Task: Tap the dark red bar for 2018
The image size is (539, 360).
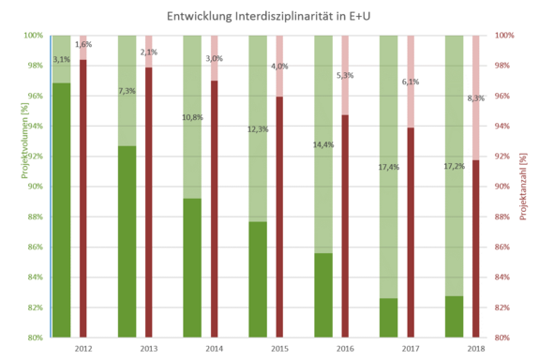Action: click(x=475, y=248)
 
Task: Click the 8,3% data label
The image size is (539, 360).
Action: click(x=475, y=97)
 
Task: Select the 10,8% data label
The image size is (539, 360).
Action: click(x=192, y=118)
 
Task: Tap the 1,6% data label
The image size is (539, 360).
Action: click(x=82, y=44)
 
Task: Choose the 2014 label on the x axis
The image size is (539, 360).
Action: click(x=214, y=348)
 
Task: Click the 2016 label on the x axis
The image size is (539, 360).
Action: click(x=345, y=348)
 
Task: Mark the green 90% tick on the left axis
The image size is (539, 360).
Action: click(x=35, y=187)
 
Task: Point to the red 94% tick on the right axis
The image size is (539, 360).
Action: click(x=503, y=126)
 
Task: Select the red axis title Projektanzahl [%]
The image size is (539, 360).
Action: click(x=525, y=186)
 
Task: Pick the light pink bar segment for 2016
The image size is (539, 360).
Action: click(x=344, y=75)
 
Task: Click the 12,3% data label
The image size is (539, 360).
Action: click(x=258, y=129)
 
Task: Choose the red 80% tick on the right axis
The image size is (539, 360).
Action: click(x=503, y=337)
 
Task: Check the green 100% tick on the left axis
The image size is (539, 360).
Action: click(x=33, y=36)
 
